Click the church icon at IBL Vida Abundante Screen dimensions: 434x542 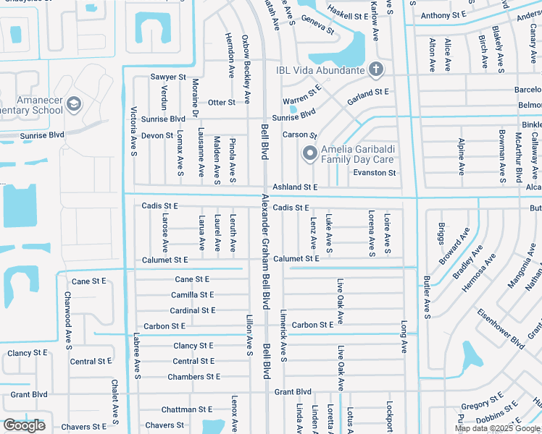pos(375,69)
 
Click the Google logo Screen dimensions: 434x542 pos(24,425)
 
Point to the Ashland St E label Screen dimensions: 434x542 pos(295,187)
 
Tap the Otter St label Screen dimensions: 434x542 pos(222,103)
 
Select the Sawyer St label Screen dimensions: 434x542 pos(168,77)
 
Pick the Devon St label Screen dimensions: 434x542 pos(157,135)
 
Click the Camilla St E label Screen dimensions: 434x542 pos(192,295)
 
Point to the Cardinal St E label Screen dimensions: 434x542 pos(193,310)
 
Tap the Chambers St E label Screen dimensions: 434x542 pos(193,377)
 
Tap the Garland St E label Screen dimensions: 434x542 pos(367,93)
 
